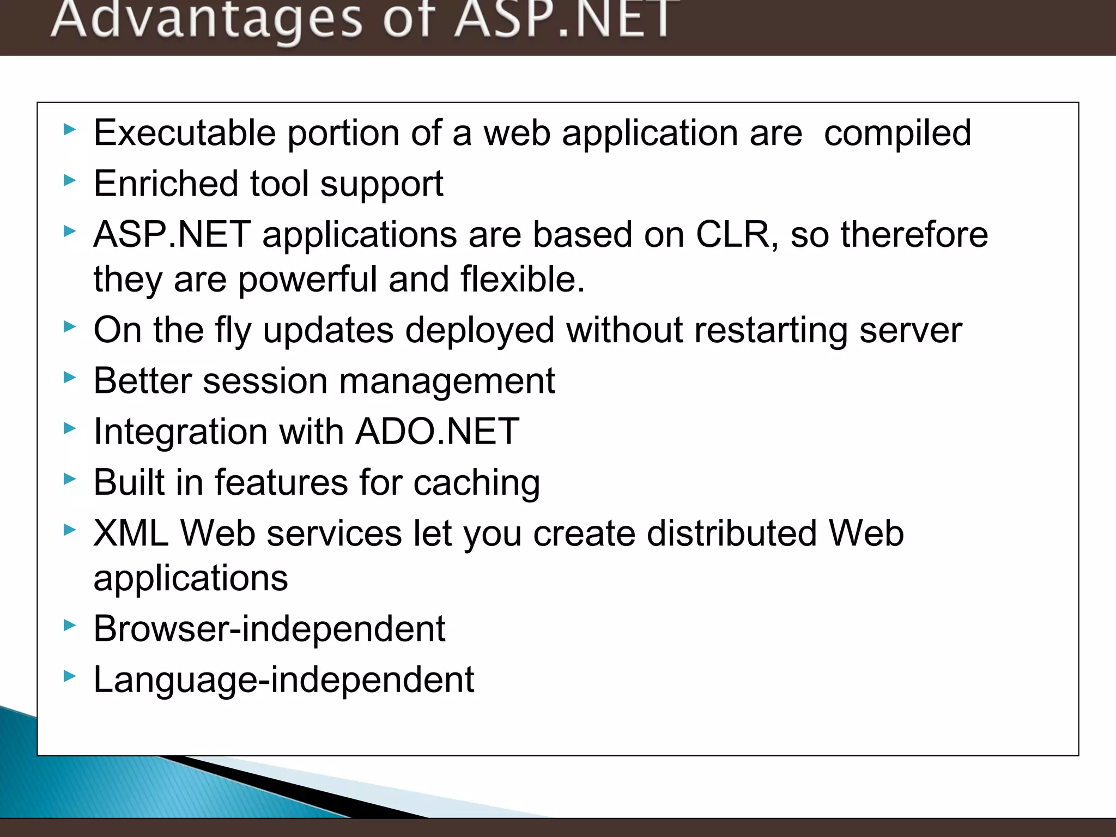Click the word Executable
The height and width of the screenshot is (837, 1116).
pyautogui.click(x=185, y=133)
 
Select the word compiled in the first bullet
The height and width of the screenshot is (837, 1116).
pyautogui.click(x=897, y=133)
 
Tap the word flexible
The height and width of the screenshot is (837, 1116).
pyautogui.click(x=521, y=279)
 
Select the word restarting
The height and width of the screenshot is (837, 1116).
pyautogui.click(x=771, y=330)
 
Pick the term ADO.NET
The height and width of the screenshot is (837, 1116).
pyautogui.click(x=438, y=432)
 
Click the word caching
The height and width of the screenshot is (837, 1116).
pyautogui.click(x=477, y=483)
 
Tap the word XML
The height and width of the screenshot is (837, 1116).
pyautogui.click(x=131, y=533)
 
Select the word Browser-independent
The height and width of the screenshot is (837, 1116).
pyautogui.click(x=269, y=629)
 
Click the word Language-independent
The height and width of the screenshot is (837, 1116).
pyautogui.click(x=283, y=680)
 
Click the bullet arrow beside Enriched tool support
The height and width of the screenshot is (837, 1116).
pyautogui.click(x=69, y=180)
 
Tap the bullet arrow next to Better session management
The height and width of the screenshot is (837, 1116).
pyautogui.click(x=69, y=377)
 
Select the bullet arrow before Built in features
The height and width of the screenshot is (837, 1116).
pyautogui.click(x=69, y=479)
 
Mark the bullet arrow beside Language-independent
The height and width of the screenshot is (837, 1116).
pyautogui.click(x=69, y=676)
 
